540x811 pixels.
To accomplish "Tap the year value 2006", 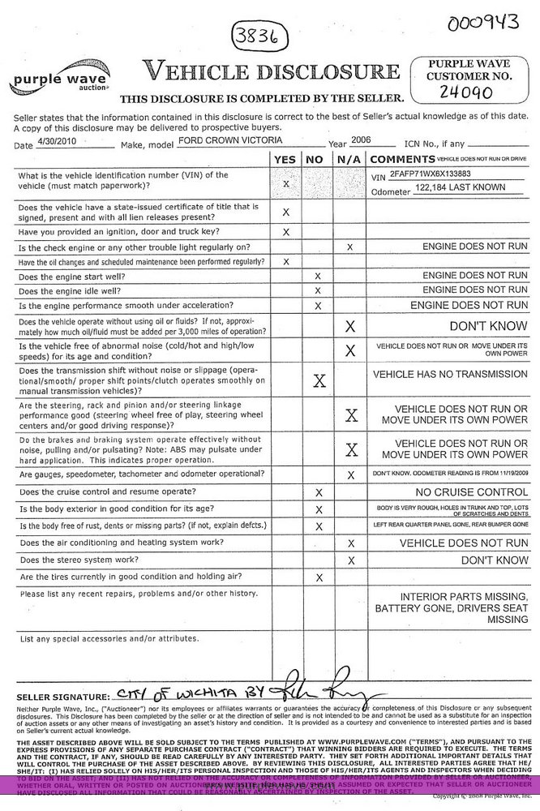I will click(x=360, y=139).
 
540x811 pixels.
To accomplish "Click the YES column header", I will click(x=285, y=160).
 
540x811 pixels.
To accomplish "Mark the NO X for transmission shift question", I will click(x=319, y=380).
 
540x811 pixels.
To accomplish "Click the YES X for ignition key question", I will click(x=285, y=232).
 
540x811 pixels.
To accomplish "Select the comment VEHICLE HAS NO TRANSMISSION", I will click(x=450, y=375).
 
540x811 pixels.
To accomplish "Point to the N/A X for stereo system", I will click(x=351, y=560).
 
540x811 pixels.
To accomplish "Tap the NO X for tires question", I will click(x=319, y=577).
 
